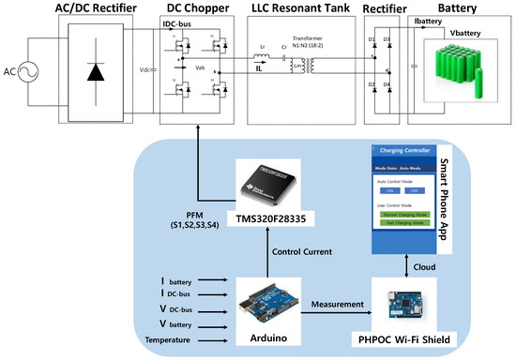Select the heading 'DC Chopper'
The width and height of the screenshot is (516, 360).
pyautogui.click(x=198, y=10)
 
